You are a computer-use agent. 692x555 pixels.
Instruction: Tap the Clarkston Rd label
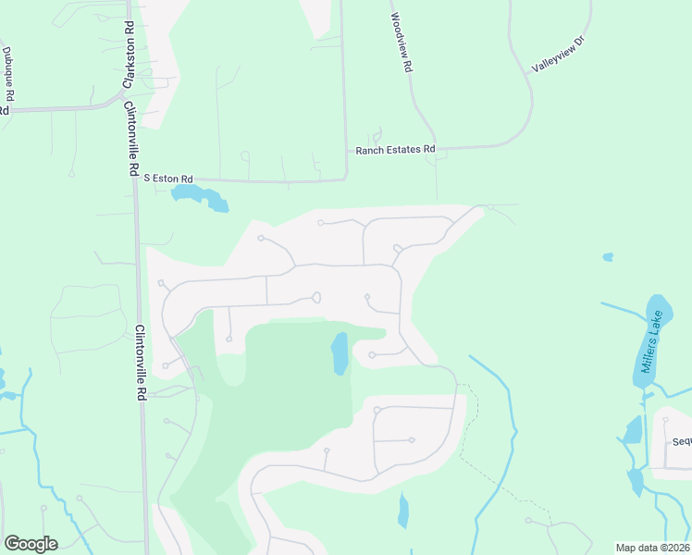coord(128,58)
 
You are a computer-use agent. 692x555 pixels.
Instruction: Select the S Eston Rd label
coord(167,178)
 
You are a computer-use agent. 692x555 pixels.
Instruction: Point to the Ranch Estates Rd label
coord(395,149)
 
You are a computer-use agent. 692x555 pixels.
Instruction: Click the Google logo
coord(31,544)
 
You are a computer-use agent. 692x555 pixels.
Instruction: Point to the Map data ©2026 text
coord(652,548)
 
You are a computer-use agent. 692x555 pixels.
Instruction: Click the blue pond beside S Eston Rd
coord(200,196)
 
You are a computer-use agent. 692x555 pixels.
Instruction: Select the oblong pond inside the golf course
coord(340,353)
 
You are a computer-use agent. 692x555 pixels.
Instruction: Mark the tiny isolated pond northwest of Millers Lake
coord(607,256)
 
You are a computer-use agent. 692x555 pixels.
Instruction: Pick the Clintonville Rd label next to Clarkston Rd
coord(129,137)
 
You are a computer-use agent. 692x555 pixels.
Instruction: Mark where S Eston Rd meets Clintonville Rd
coord(135,179)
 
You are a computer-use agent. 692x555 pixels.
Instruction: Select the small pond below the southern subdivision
coord(403,510)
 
